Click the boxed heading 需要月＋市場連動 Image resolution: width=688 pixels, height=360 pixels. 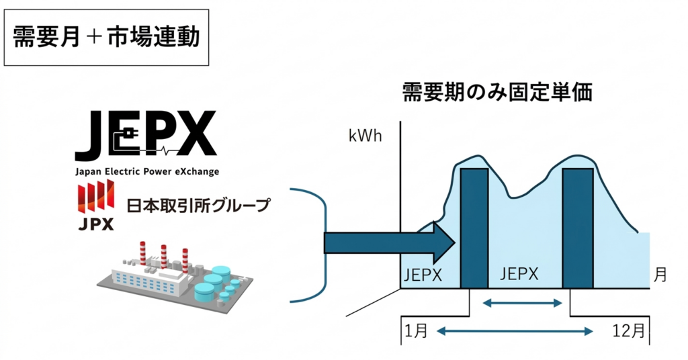tap(106, 38)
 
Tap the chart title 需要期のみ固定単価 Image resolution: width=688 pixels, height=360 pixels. tap(497, 92)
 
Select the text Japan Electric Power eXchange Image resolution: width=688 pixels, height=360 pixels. tap(146, 172)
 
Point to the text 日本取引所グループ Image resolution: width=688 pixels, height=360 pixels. tap(198, 204)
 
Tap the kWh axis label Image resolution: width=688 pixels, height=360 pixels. tap(365, 136)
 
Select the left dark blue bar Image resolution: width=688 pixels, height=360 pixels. tap(474, 228)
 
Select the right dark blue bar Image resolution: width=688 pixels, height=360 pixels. tap(578, 228)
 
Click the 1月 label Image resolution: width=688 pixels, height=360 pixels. tap(415, 330)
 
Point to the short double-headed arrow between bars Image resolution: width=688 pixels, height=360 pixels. tap(523, 304)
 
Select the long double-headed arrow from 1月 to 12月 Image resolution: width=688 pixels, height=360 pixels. tap(515, 330)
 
